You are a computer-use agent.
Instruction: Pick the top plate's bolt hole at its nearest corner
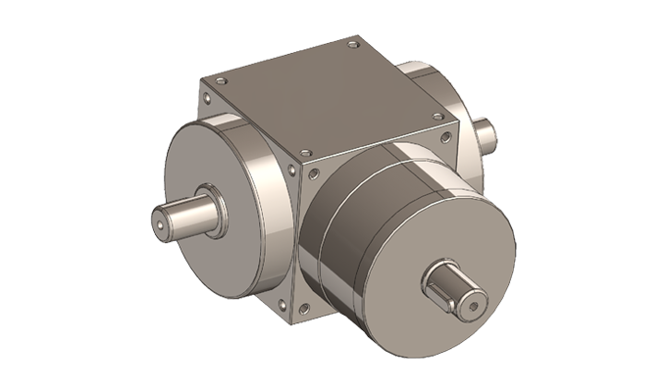[x=304, y=153]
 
